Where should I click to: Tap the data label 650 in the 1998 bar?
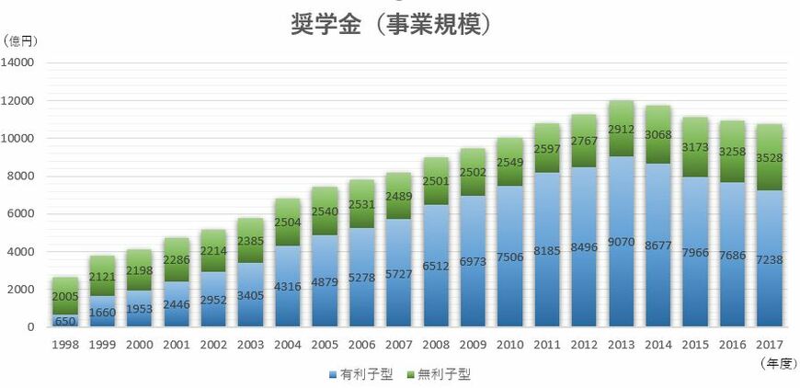(x=65, y=322)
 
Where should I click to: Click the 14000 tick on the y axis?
(x=19, y=63)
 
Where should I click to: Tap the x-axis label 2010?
(x=509, y=346)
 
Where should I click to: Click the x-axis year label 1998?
(x=65, y=346)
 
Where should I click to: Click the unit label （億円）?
(x=21, y=40)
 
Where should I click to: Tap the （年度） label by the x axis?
(x=777, y=363)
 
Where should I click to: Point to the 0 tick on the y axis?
(x=30, y=326)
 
